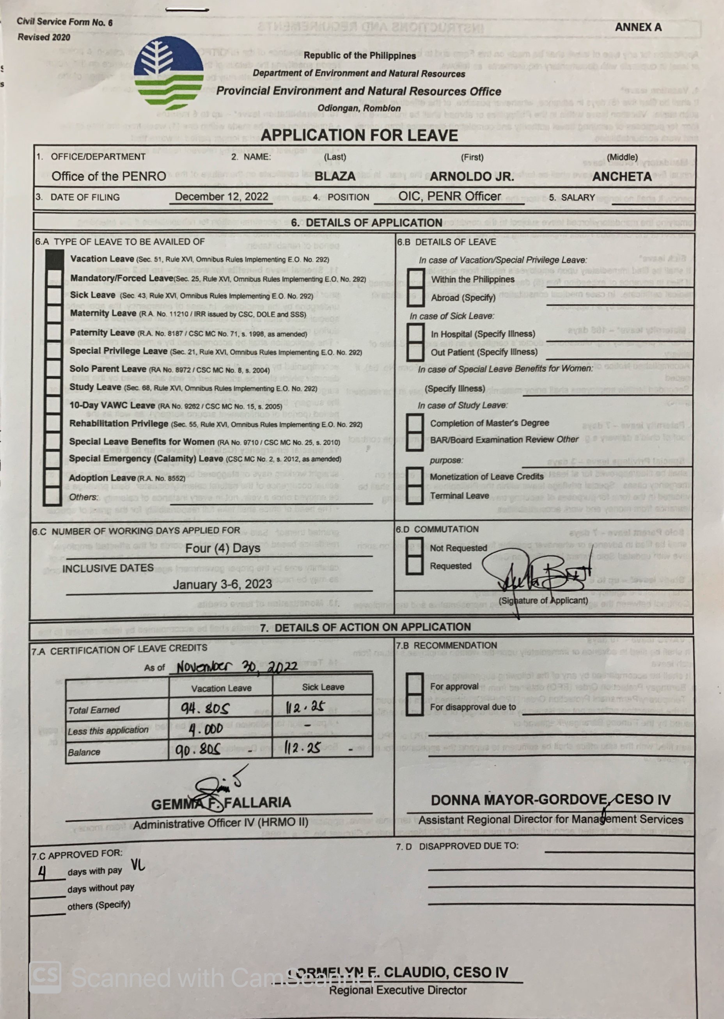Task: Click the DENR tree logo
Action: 169,74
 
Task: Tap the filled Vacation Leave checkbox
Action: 54,259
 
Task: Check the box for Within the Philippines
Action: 415,279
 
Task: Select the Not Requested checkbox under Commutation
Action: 414,547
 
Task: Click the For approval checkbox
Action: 415,685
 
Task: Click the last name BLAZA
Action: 335,176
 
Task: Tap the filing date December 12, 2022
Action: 221,197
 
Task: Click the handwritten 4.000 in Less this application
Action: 206,730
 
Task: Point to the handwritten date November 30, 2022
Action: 237,667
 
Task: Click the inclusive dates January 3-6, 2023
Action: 222,584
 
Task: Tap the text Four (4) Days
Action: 222,548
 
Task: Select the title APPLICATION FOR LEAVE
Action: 359,135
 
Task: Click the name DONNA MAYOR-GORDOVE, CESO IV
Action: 550,800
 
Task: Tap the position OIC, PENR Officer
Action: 449,197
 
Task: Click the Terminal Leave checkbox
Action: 415,495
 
